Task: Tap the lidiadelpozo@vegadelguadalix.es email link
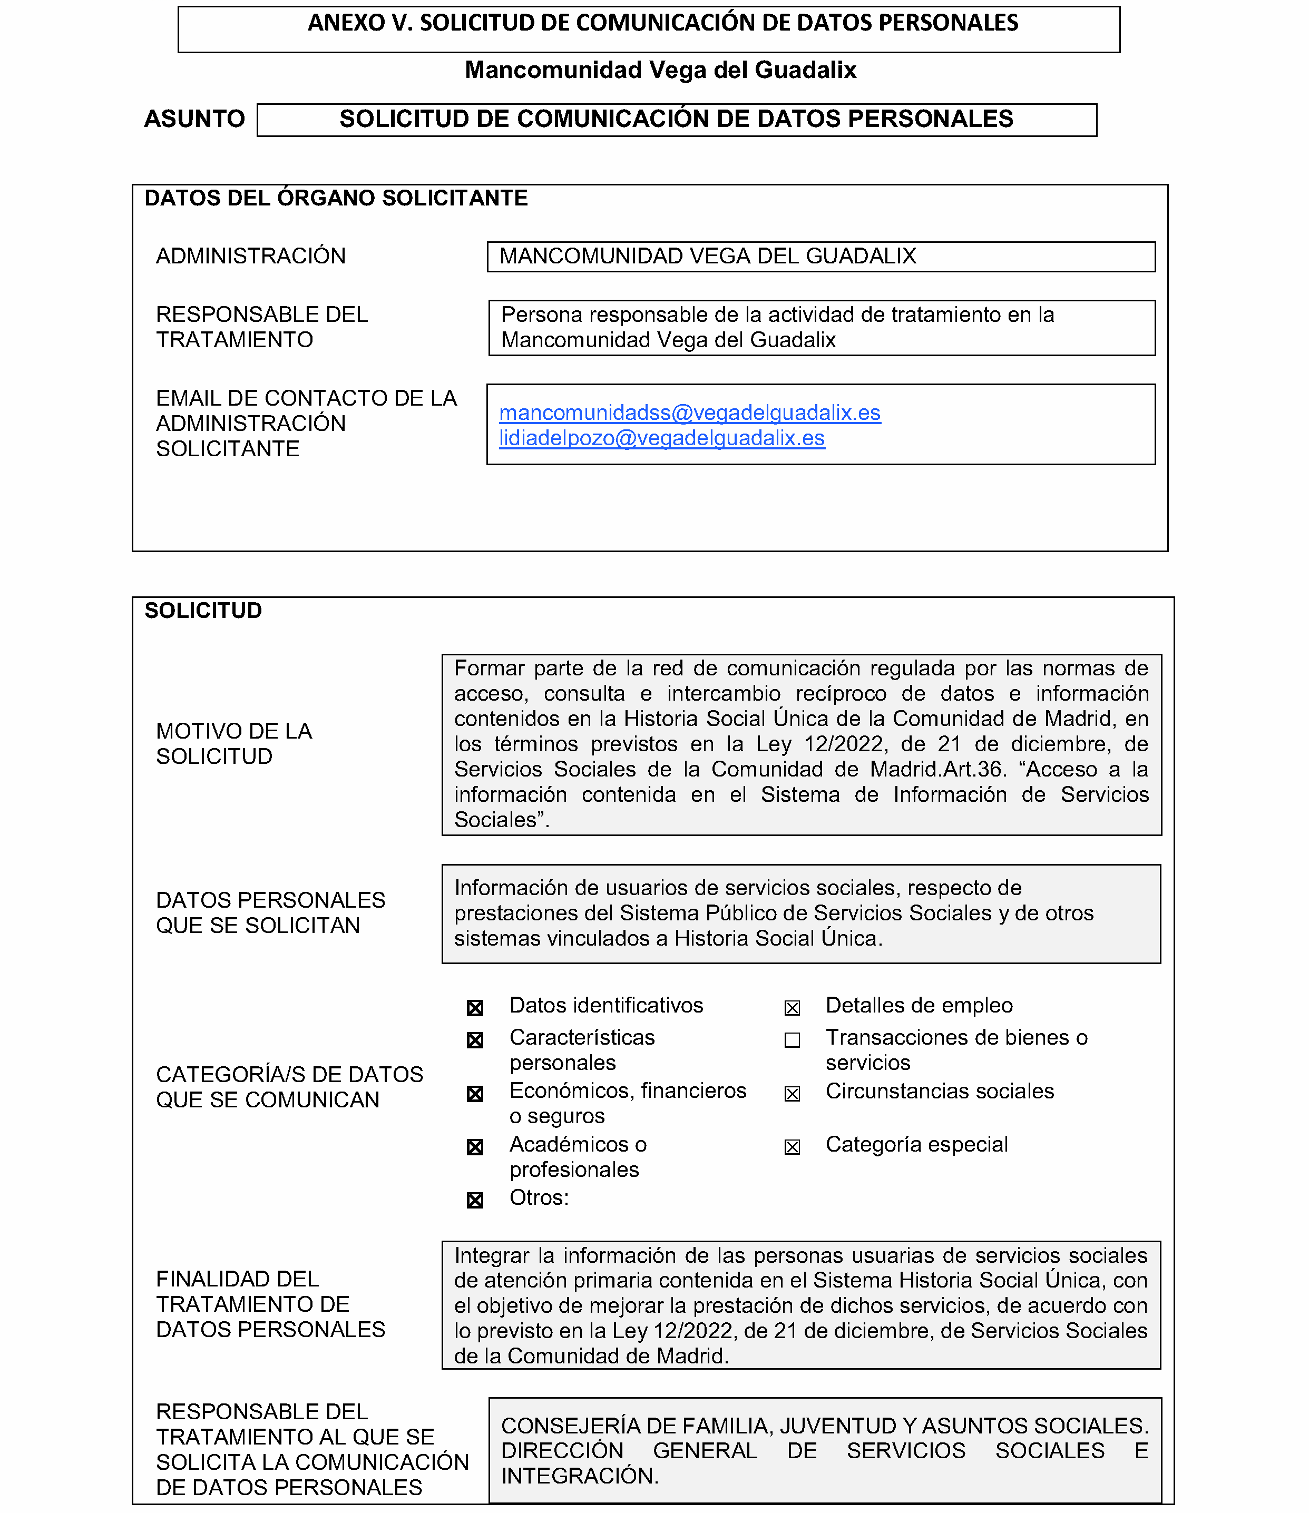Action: tap(662, 438)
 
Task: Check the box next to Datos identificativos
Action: tap(475, 1008)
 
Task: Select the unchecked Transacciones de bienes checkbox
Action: tap(792, 1040)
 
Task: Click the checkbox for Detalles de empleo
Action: tap(792, 1008)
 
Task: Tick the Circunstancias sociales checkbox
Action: tap(792, 1094)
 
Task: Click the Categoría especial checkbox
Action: tap(792, 1147)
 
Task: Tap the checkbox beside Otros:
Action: tap(475, 1201)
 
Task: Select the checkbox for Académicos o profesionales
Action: tap(475, 1147)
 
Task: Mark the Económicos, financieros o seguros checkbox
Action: tap(475, 1094)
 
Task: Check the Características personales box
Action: tap(475, 1040)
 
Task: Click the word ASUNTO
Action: tap(194, 119)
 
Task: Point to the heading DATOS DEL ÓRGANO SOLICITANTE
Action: tap(336, 199)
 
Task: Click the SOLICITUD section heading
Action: tap(203, 611)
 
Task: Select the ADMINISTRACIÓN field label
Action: tap(250, 257)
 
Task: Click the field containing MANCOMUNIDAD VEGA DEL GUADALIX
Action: tap(820, 257)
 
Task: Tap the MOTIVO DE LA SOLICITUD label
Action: tap(234, 743)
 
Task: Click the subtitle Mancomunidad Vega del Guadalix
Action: tap(660, 70)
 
